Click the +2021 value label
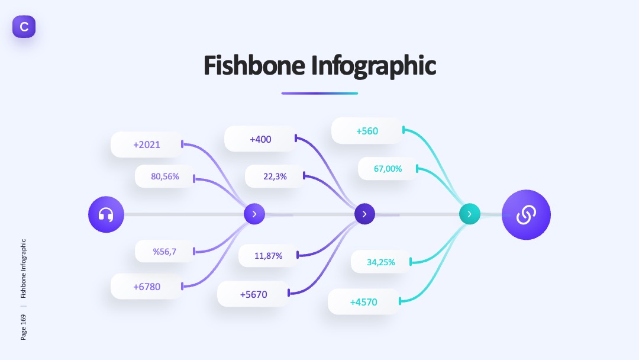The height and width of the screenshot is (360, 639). point(147,144)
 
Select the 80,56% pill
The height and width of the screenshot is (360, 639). point(165,176)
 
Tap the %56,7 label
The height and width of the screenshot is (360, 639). point(165,251)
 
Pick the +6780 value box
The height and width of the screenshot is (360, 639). point(147,287)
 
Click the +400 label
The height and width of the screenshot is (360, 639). point(260,139)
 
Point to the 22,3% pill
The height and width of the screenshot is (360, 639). point(275,176)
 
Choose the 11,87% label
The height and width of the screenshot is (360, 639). point(269,256)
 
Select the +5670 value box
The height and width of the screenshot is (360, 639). point(253,294)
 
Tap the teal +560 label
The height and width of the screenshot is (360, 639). point(367,131)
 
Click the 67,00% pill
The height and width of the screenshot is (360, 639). point(388,168)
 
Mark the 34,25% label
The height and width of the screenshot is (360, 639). point(381,262)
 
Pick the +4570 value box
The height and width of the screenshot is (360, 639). point(363,302)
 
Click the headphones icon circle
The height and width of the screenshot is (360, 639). point(106,214)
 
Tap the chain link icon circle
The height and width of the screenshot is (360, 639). point(526,214)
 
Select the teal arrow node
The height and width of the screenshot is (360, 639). point(469,214)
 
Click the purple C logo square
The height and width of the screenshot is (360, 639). point(24,27)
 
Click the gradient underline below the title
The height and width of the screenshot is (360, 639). point(319,94)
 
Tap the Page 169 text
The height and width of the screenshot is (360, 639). point(23,327)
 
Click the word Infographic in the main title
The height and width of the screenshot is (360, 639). point(374,66)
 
